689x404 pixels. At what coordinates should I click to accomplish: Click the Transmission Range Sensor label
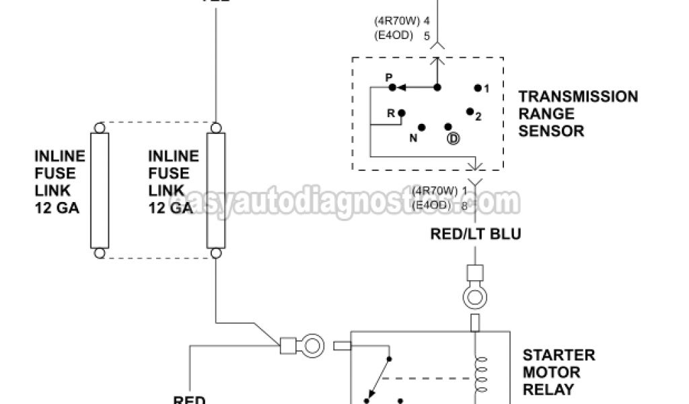pyautogui.click(x=578, y=114)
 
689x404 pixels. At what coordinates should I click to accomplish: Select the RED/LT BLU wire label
pyautogui.click(x=476, y=234)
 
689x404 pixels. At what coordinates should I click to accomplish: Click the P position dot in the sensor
pyautogui.click(x=392, y=87)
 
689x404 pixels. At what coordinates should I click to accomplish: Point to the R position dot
pyautogui.click(x=401, y=113)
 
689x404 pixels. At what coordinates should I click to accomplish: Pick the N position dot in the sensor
pyautogui.click(x=422, y=127)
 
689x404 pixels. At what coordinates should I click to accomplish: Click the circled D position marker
pyautogui.click(x=453, y=139)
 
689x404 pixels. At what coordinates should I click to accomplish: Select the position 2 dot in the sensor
pyautogui.click(x=470, y=111)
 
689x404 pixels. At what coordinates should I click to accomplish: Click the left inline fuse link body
pyautogui.click(x=100, y=191)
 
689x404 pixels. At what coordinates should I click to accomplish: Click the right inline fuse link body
pyautogui.click(x=215, y=191)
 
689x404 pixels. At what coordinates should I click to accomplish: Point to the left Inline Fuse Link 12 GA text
pyautogui.click(x=60, y=182)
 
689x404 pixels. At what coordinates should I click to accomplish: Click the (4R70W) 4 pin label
pyautogui.click(x=402, y=22)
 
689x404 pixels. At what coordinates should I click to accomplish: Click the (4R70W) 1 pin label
pyautogui.click(x=440, y=189)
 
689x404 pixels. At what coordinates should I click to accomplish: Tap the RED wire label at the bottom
pyautogui.click(x=189, y=399)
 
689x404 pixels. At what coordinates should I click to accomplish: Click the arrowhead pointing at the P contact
pyautogui.click(x=400, y=87)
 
